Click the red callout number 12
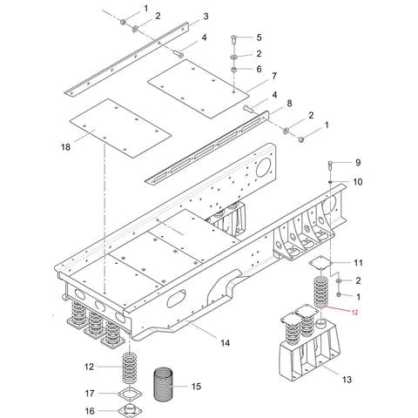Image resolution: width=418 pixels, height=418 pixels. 354,313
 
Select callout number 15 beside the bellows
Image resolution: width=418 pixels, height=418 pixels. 196,387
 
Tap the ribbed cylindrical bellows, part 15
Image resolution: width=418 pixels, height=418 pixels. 163,384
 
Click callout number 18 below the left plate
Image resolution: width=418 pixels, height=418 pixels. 65,147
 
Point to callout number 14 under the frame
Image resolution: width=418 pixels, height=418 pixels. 226,343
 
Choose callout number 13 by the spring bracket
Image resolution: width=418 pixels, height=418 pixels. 347,380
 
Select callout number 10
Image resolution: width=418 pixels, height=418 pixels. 358,182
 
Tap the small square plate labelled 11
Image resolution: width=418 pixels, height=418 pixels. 320,263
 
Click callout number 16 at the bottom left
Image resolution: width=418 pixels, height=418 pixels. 90,411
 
